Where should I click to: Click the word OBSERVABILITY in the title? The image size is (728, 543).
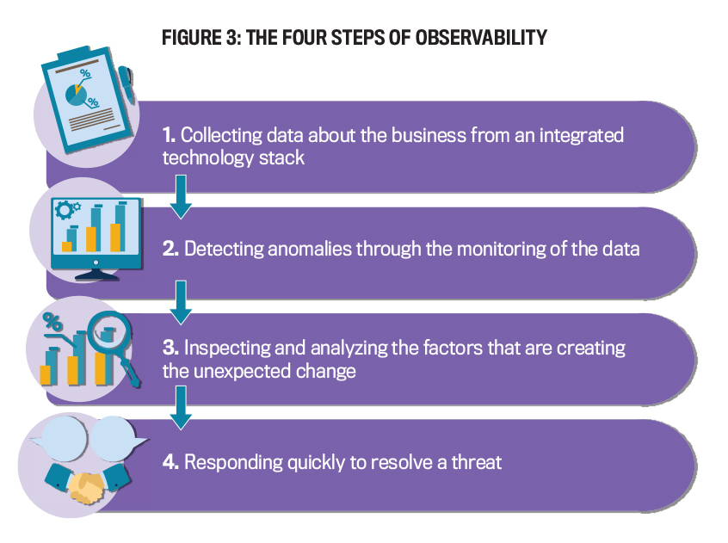(481, 38)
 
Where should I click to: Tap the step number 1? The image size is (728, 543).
(169, 135)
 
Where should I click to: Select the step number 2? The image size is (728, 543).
(170, 249)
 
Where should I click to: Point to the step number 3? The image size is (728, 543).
(170, 348)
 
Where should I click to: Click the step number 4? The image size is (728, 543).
(170, 462)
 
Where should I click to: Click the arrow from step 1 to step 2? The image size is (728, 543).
(181, 197)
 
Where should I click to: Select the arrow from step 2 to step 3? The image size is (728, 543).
(181, 303)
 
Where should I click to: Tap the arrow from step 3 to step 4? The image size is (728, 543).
(181, 409)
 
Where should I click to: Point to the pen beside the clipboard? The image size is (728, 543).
(126, 83)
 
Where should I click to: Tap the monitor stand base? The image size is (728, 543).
(96, 275)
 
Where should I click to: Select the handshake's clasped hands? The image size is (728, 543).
(86, 487)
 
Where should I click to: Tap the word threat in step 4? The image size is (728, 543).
(477, 462)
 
